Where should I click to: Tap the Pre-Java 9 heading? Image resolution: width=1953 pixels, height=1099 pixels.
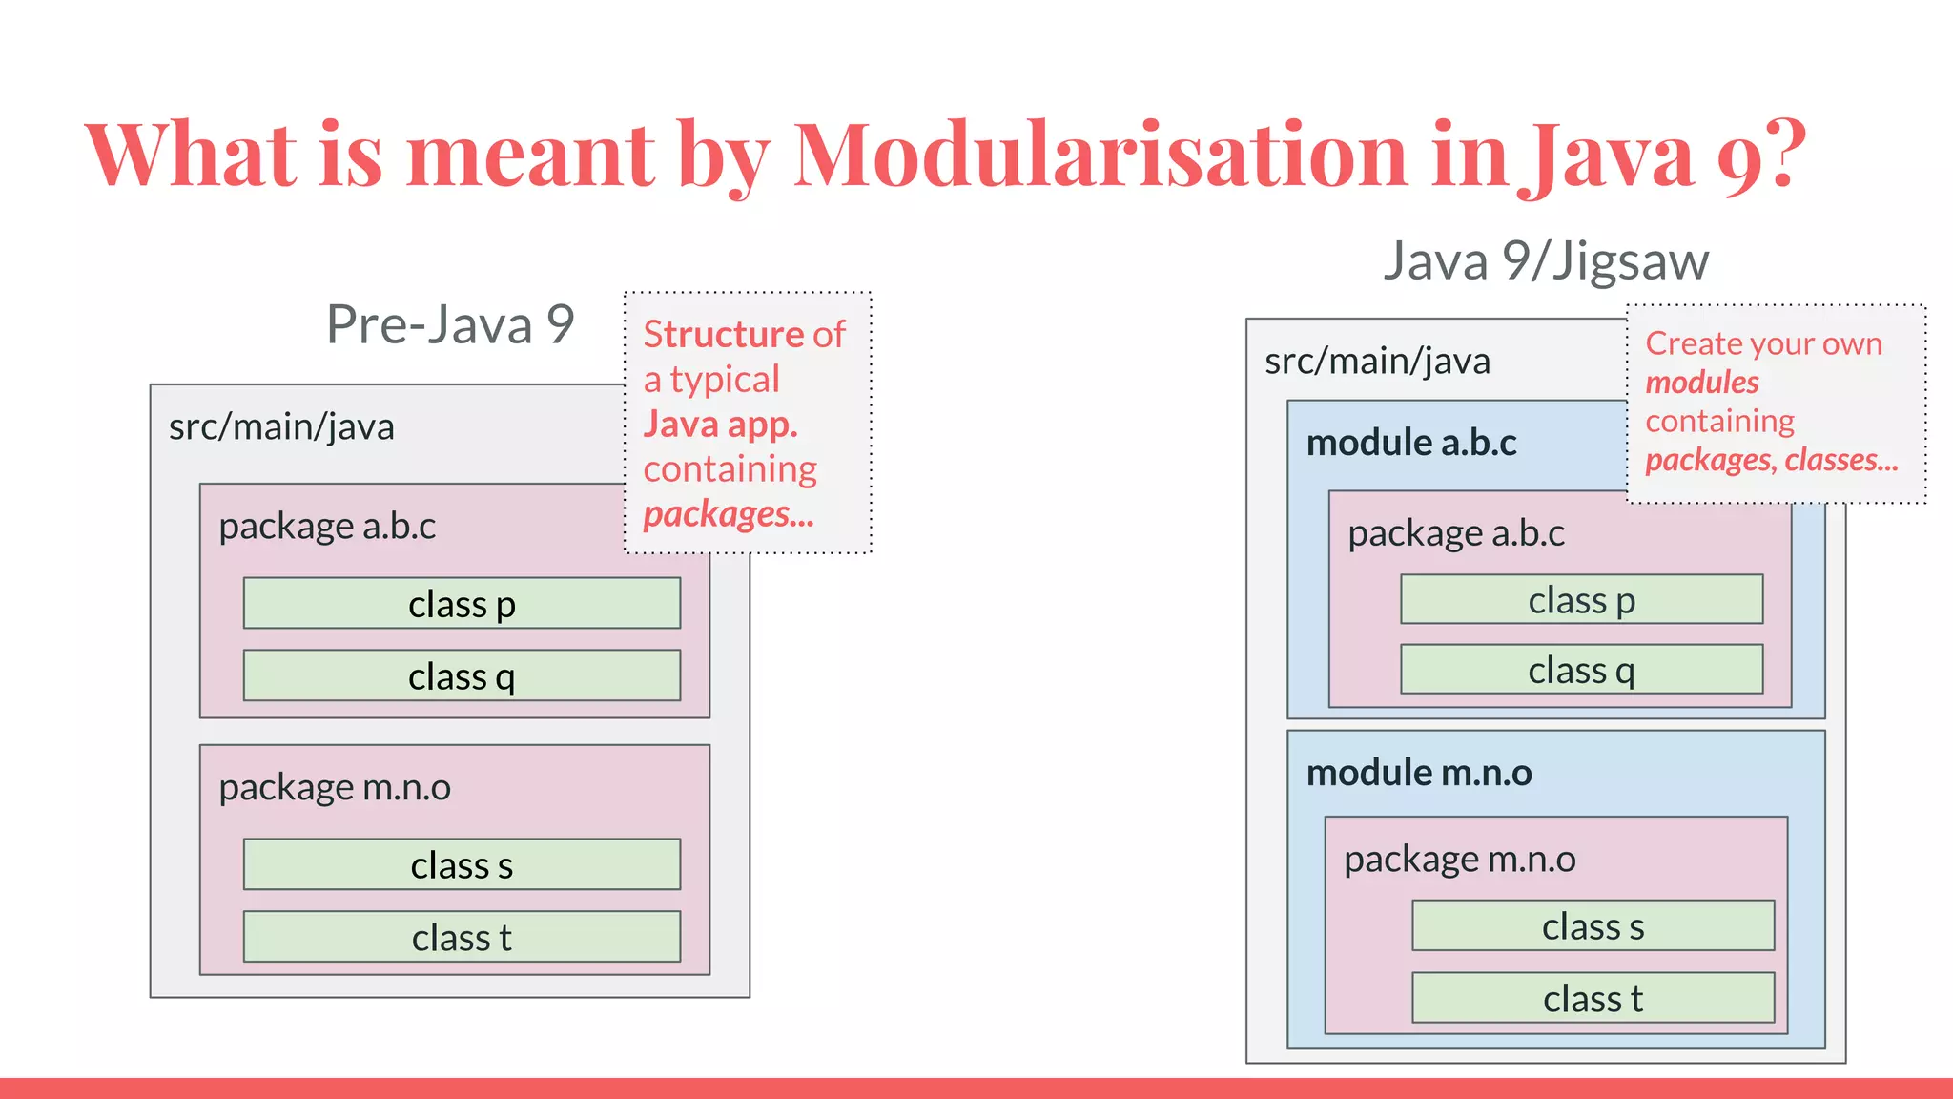(x=449, y=324)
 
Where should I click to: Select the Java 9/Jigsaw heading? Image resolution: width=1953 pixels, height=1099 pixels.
(x=1545, y=260)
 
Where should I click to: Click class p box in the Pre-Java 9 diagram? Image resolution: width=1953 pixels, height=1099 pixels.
(x=462, y=604)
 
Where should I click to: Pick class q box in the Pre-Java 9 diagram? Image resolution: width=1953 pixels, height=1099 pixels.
(x=462, y=676)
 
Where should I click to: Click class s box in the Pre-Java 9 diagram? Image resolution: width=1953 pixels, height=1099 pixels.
(x=462, y=865)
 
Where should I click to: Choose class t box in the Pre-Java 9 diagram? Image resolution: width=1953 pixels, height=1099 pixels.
(x=462, y=937)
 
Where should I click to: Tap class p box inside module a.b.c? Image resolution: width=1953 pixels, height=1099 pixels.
(x=1581, y=600)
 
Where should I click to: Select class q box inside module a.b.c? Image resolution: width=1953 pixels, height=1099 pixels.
(x=1581, y=670)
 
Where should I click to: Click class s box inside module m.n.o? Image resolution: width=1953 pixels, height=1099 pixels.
(x=1593, y=926)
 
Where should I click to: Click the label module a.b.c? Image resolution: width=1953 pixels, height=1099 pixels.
(x=1410, y=443)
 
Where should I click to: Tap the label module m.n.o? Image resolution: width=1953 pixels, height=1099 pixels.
(x=1418, y=773)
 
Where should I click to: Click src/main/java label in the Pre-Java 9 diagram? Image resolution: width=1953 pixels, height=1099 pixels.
(x=281, y=426)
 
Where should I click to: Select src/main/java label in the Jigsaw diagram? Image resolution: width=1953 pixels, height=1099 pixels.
(x=1377, y=362)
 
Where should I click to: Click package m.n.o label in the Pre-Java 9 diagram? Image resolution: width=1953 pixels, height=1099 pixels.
(x=335, y=788)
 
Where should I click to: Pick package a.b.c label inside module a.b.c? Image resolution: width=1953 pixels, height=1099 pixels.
(x=1455, y=533)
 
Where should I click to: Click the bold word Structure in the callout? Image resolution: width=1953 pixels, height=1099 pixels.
(x=724, y=335)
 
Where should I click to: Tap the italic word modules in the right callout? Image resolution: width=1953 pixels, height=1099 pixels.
(x=1701, y=383)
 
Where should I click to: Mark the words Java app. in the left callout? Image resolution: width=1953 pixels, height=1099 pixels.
(x=720, y=424)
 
